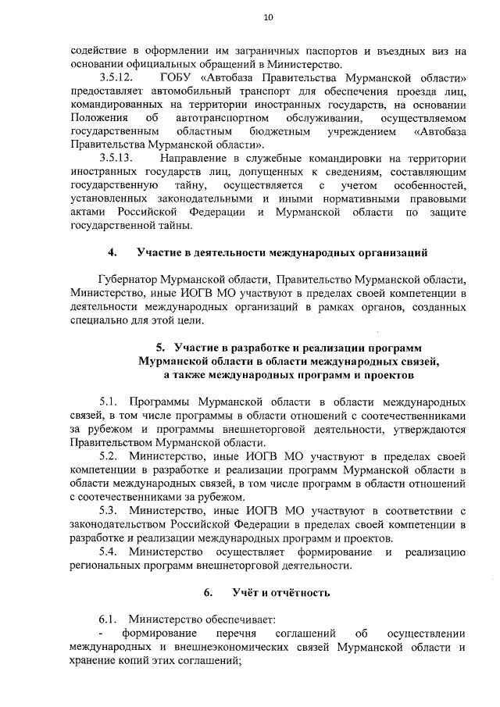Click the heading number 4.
tap(112, 252)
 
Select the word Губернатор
tap(127, 280)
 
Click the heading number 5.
tap(160, 347)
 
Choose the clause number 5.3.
tap(109, 510)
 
